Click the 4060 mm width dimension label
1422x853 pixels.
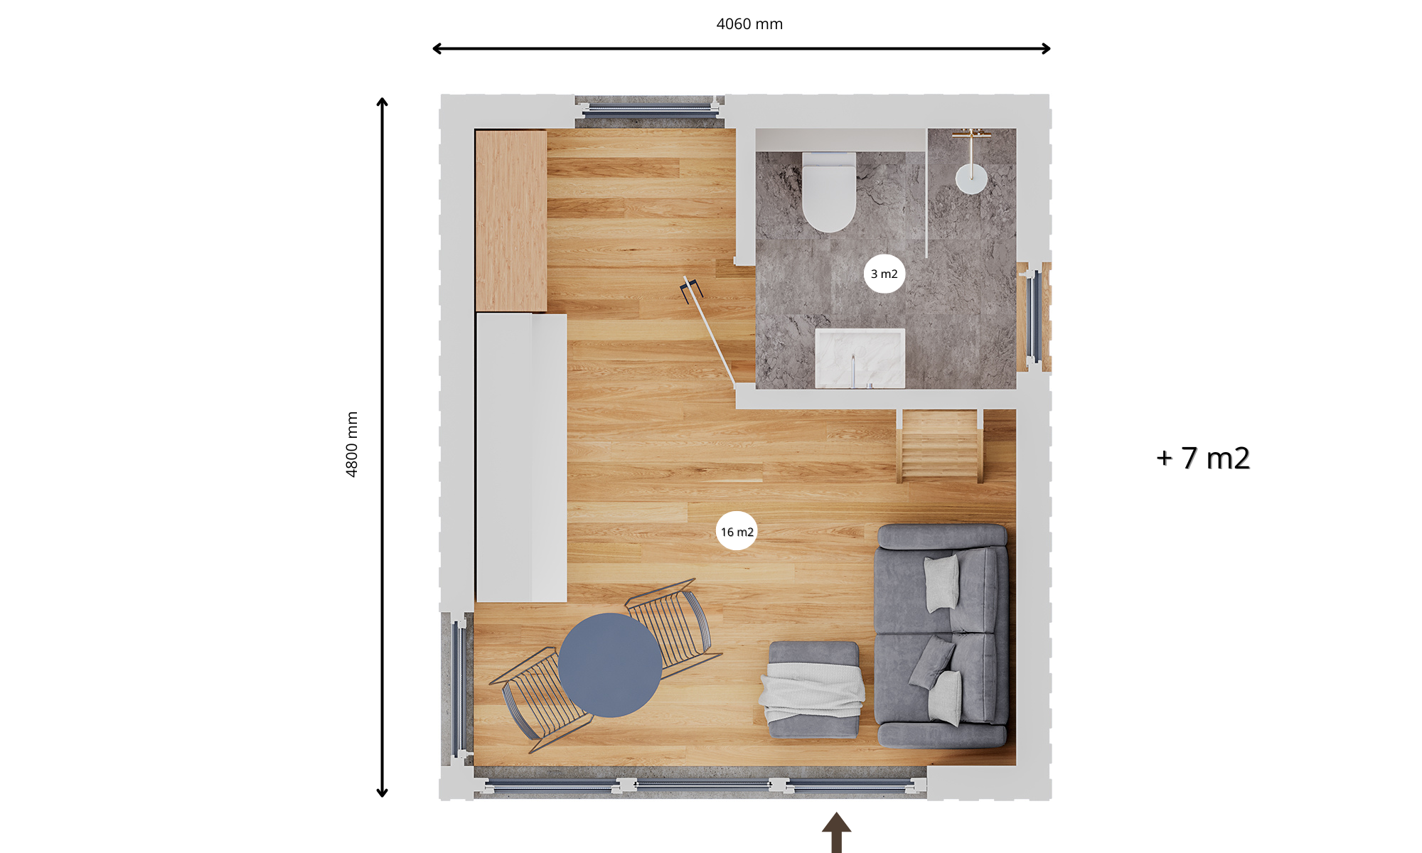[749, 24]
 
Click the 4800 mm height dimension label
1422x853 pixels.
[352, 444]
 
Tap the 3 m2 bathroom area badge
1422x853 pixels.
[884, 274]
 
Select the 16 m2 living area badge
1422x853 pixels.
[737, 531]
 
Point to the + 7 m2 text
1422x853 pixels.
[1203, 458]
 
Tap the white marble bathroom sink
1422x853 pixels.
[860, 358]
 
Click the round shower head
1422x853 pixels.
[971, 178]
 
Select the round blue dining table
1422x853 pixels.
[610, 665]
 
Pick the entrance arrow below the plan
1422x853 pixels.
[837, 832]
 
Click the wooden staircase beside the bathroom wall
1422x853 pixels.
[940, 446]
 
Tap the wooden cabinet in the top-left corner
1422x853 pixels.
[511, 220]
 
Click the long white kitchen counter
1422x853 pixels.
[521, 458]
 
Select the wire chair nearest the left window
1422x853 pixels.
[541, 700]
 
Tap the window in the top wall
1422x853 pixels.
[650, 111]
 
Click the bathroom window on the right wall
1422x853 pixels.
[1035, 317]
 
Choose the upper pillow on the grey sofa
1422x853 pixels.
[942, 582]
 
